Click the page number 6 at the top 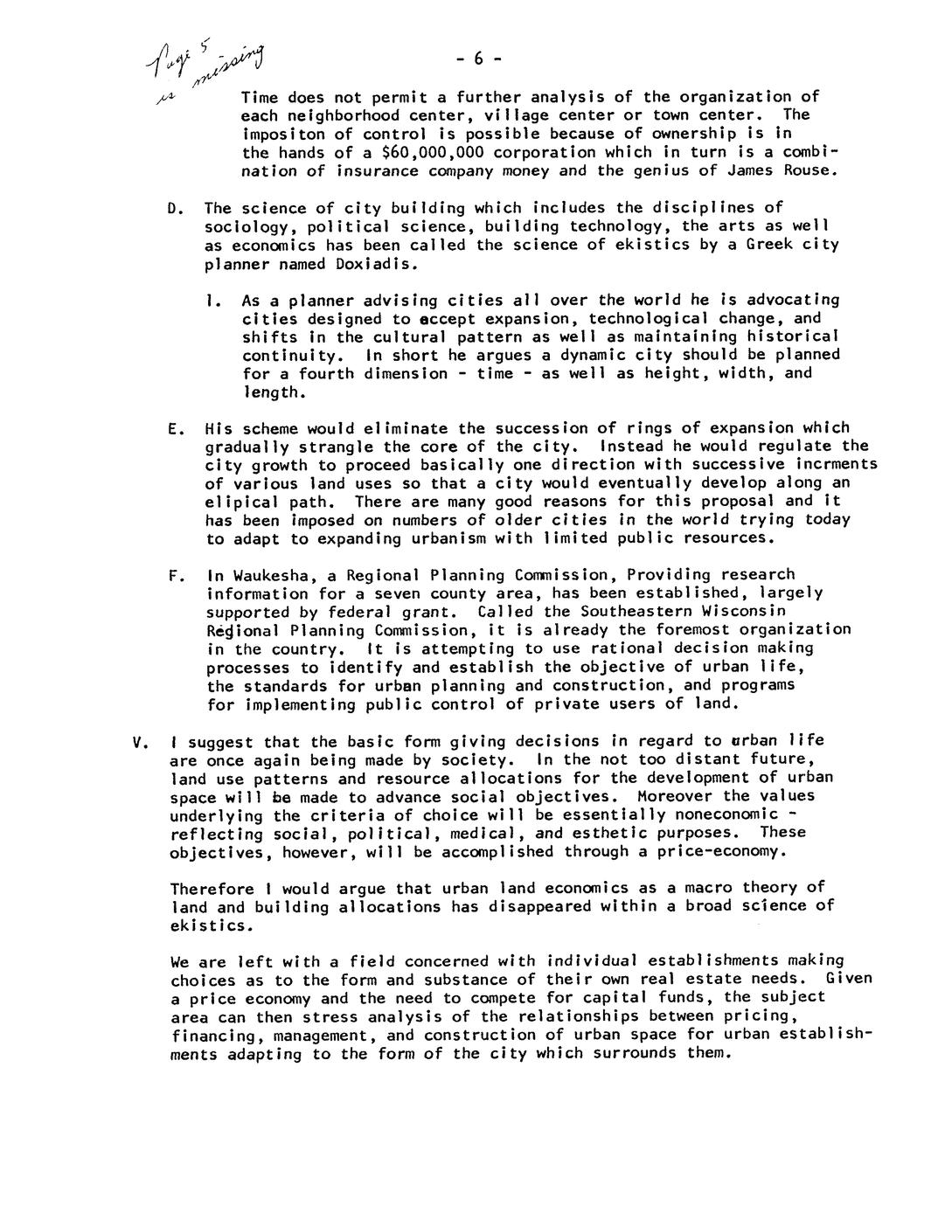click(478, 59)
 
